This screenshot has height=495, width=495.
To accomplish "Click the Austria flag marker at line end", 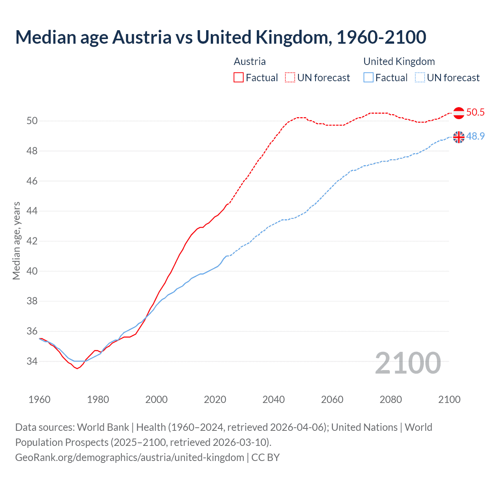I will tap(459, 113).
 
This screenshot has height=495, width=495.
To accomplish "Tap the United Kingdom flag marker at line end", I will tap(459, 137).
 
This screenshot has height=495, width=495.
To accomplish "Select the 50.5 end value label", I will tap(475, 113).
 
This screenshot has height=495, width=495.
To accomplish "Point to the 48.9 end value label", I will tap(475, 137).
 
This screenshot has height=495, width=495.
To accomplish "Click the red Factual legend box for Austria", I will tap(239, 78).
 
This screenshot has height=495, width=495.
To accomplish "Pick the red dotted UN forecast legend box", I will tap(290, 78).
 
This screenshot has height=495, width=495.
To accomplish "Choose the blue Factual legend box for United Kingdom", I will tap(369, 78).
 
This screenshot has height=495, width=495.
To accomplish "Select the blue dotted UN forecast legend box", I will tap(420, 78).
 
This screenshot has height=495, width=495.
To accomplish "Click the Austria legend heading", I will tap(250, 61).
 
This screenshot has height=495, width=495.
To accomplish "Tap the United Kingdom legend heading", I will tap(399, 61).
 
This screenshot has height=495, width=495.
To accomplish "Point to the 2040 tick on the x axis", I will tap(273, 399).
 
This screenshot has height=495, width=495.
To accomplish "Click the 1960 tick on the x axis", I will tap(39, 399).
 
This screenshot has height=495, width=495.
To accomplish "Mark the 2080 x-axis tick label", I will tap(391, 399).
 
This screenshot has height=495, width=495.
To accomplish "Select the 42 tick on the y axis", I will tap(32, 241).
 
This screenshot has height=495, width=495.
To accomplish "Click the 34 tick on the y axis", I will tap(32, 361).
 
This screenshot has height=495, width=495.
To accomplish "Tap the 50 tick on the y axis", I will tap(32, 121).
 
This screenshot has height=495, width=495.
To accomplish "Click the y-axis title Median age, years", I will tap(16, 241).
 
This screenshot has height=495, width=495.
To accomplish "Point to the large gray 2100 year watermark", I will tap(408, 363).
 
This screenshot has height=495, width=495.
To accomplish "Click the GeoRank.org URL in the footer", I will tap(130, 457).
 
